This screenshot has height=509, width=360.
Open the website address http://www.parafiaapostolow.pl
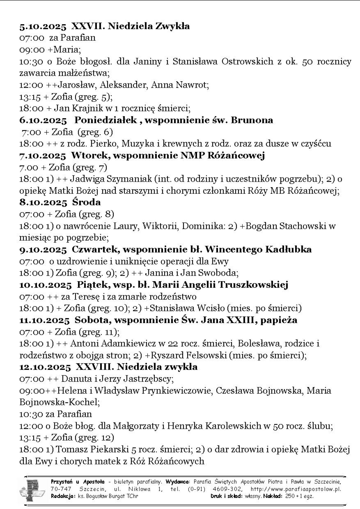click(296, 489)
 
